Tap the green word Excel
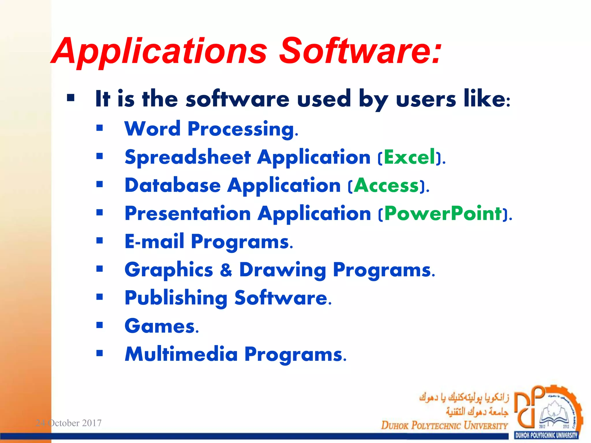[409, 157]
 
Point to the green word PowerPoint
[443, 214]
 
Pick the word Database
[173, 185]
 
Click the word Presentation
[188, 214]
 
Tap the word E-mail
[154, 241]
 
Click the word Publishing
[176, 298]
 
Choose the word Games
[160, 326]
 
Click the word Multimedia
[181, 354]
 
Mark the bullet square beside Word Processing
[100, 128]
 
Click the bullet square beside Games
[100, 325]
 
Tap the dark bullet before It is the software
[71, 98]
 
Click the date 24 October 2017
[68, 423]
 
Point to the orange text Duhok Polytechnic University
[444, 425]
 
